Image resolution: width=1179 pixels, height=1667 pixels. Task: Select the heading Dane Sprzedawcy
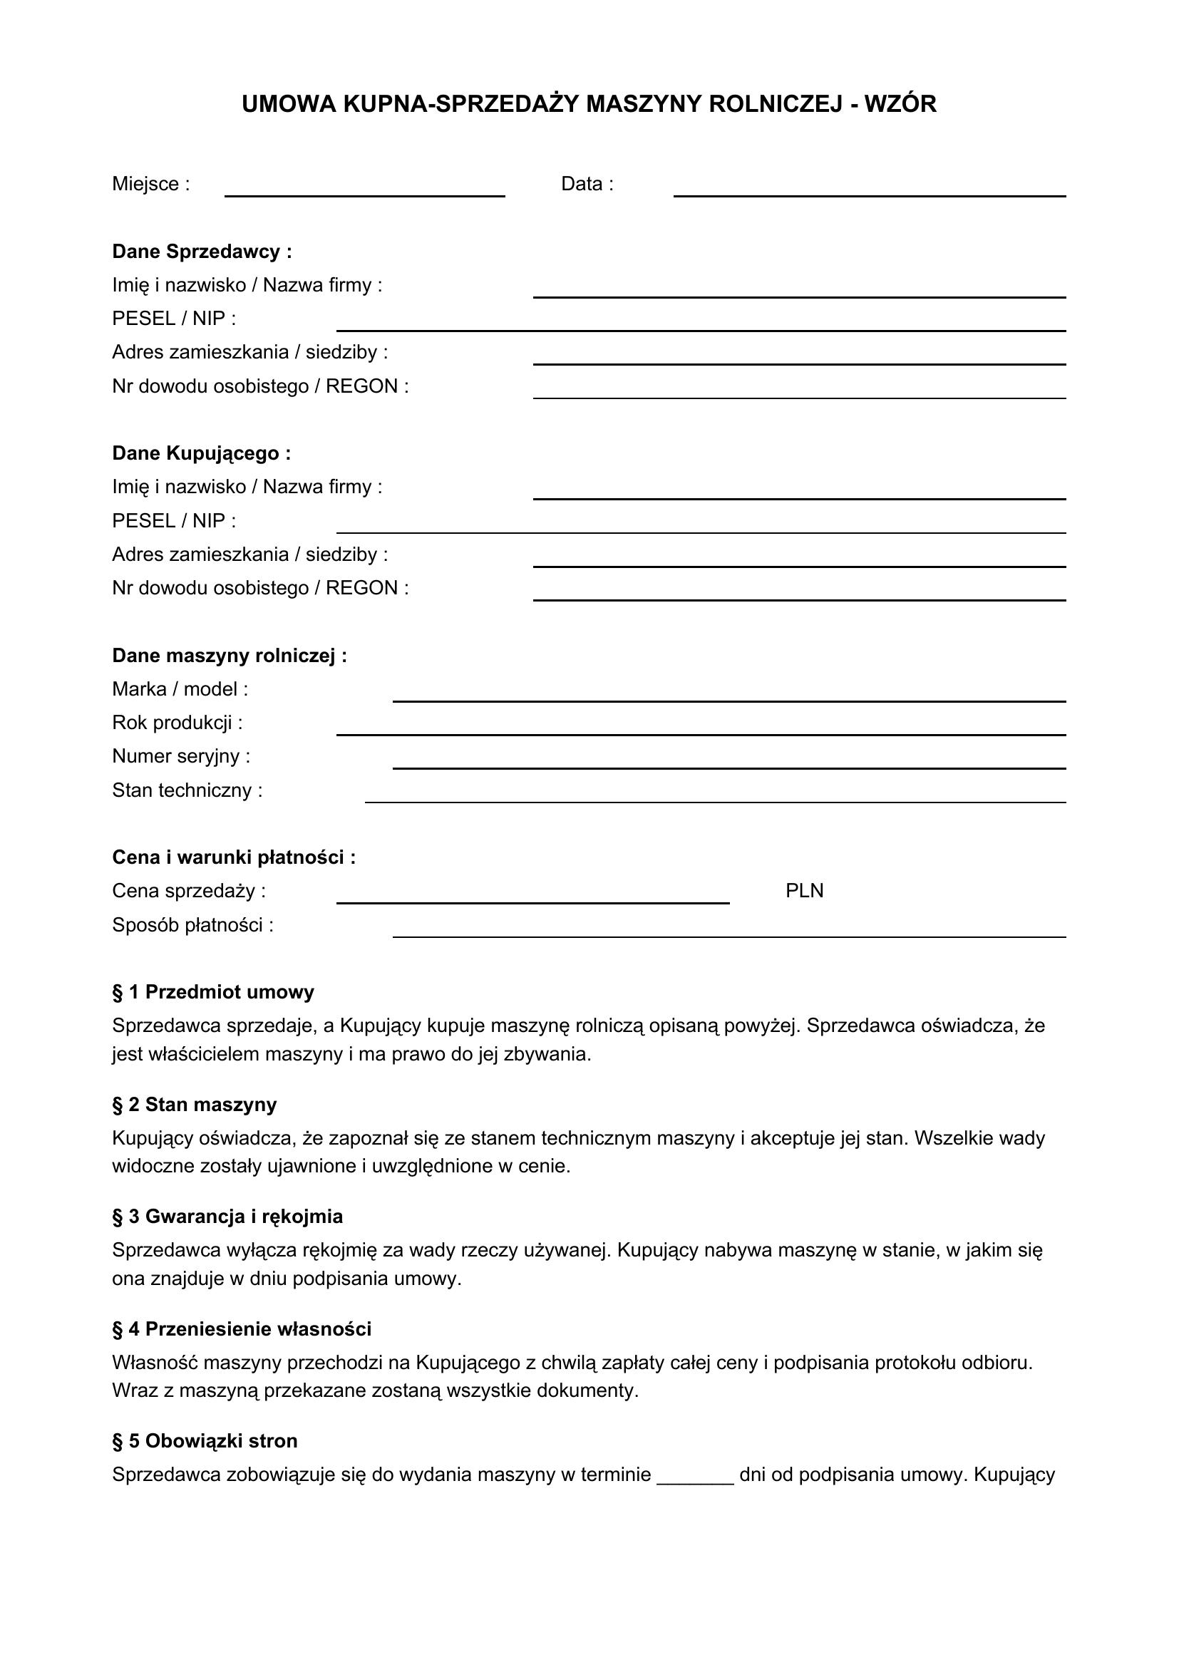202,252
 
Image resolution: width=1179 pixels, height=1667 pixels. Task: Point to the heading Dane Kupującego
201,454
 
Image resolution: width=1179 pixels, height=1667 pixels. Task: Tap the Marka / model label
180,689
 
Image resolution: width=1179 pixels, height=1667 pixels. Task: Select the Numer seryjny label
181,757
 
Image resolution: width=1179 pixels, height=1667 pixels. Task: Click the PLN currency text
804,891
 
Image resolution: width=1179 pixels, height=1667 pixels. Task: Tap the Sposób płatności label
192,926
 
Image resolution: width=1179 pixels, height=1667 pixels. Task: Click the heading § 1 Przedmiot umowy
212,993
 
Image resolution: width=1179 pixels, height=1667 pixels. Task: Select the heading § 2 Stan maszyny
195,1105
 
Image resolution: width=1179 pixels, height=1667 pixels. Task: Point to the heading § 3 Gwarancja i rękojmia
227,1217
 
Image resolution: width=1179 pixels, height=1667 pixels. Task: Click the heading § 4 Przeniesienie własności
242,1329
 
